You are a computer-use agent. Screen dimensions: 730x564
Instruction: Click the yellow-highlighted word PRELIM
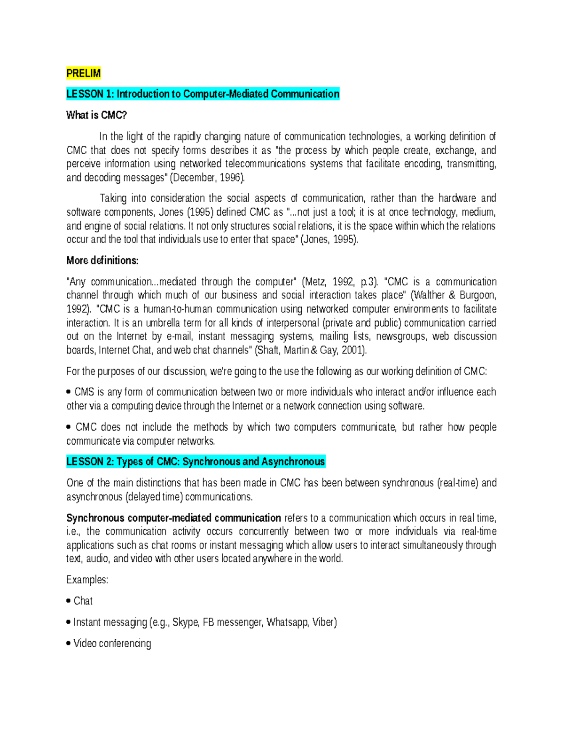tap(83, 73)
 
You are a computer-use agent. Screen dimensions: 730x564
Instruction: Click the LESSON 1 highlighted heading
tap(203, 94)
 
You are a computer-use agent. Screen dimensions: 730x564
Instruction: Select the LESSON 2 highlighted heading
tap(196, 462)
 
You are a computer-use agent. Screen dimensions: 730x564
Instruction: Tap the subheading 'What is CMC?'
tap(96, 115)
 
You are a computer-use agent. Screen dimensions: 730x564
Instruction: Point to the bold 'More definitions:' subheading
tap(102, 260)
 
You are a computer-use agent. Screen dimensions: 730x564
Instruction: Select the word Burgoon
tap(477, 296)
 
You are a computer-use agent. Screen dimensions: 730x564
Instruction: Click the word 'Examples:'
tap(87, 580)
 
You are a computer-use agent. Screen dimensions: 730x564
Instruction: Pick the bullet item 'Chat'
tap(83, 601)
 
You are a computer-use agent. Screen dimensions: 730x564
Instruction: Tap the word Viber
tap(324, 622)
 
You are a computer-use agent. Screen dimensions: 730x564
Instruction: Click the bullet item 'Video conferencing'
tap(112, 644)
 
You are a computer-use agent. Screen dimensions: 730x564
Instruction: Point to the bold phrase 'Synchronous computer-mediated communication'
tap(173, 518)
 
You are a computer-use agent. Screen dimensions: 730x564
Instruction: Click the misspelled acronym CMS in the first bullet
tap(84, 392)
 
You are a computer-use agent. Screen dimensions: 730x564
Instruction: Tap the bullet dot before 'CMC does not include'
tap(69, 427)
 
